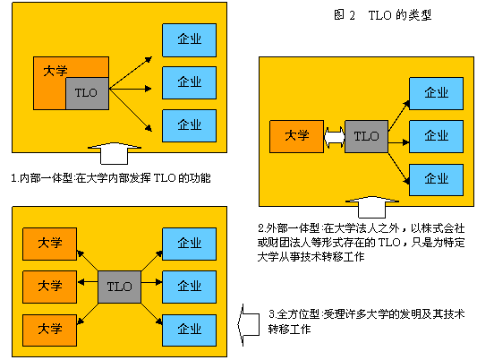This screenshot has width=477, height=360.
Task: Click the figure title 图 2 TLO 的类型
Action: pyautogui.click(x=382, y=14)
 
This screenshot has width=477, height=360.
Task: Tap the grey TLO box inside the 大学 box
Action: pyautogui.click(x=88, y=93)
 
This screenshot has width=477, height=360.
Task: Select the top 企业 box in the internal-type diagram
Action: pyautogui.click(x=189, y=40)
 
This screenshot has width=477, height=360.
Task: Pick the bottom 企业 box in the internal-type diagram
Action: pyautogui.click(x=189, y=125)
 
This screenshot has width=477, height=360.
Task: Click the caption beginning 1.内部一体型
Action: pyautogui.click(x=111, y=177)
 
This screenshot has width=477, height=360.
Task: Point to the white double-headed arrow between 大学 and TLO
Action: pyautogui.click(x=335, y=137)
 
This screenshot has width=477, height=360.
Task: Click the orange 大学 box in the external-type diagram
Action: pyautogui.click(x=296, y=136)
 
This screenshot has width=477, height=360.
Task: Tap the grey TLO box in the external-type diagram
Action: pyautogui.click(x=366, y=136)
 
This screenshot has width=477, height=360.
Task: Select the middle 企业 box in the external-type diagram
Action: pyautogui.click(x=436, y=136)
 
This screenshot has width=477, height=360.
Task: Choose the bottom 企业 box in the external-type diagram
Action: pyautogui.click(x=436, y=179)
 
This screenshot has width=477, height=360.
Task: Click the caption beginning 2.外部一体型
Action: pyautogui.click(x=361, y=242)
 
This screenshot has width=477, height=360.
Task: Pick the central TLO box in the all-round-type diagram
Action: pyautogui.click(x=120, y=287)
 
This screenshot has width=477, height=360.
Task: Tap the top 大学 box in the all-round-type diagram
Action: pyautogui.click(x=49, y=244)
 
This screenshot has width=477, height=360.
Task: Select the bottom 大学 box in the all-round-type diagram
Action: pyautogui.click(x=49, y=330)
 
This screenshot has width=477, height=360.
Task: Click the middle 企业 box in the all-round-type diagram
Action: pyautogui.click(x=189, y=287)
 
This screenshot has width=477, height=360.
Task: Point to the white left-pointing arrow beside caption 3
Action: pyautogui.click(x=248, y=325)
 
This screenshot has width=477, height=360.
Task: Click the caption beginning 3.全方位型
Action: pyautogui.click(x=367, y=321)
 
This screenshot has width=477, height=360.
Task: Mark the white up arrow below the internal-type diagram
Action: pyautogui.click(x=114, y=153)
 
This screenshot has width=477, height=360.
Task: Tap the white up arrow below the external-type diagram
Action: pyautogui.click(x=372, y=207)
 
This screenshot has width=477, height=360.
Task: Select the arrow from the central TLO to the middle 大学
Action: pyautogui.click(x=88, y=282)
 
